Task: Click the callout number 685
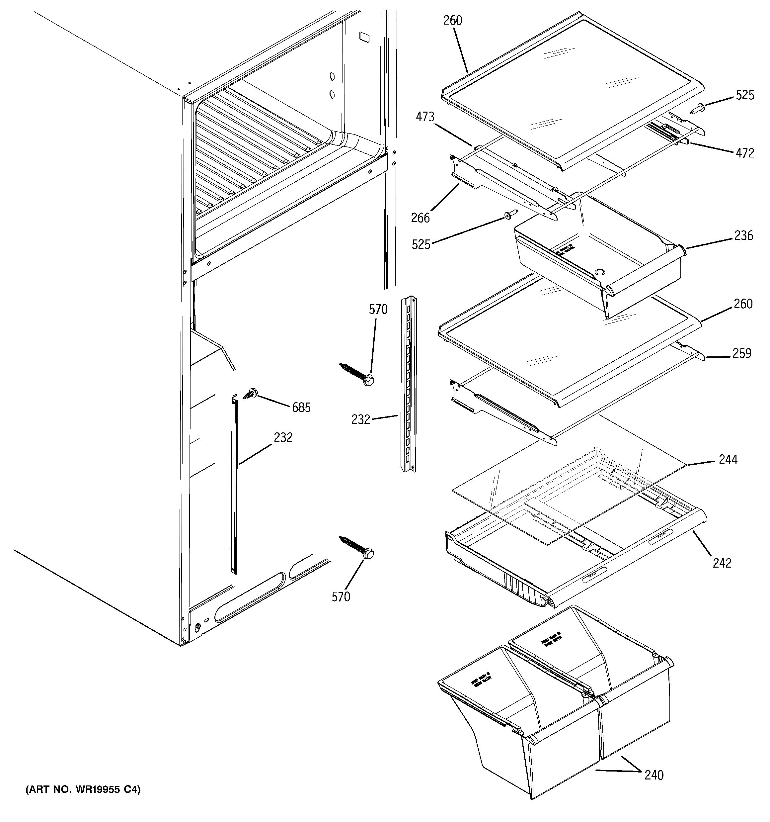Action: point(301,408)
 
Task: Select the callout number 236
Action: point(743,236)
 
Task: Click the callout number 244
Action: point(728,459)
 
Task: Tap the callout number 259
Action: point(741,353)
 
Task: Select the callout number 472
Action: point(745,153)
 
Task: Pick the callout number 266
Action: point(420,218)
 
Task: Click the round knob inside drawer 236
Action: point(599,272)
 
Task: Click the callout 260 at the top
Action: point(453,20)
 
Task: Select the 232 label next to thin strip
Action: point(283,437)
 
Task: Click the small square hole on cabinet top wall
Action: point(364,37)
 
